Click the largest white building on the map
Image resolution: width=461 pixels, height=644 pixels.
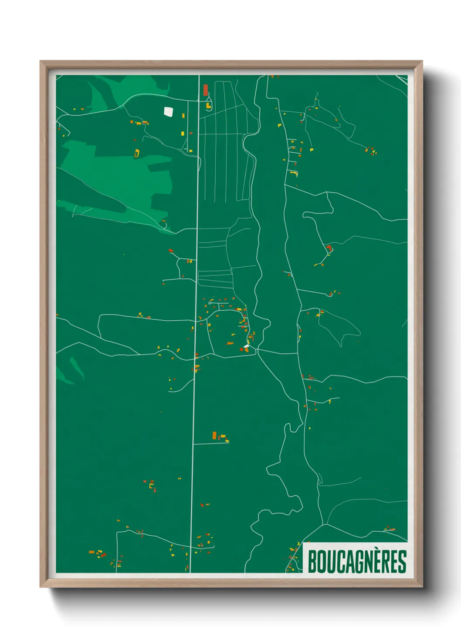coord(168,112)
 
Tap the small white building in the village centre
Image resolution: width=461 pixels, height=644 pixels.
coord(246,347)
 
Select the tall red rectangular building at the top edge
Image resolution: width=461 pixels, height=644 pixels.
coord(206,90)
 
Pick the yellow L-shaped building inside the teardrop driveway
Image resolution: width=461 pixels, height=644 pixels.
coord(208,105)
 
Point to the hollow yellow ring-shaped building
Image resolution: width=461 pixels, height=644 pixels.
coord(137,153)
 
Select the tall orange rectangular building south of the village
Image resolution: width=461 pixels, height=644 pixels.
coord(214,435)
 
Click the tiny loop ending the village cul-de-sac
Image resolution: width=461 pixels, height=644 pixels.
coord(210,302)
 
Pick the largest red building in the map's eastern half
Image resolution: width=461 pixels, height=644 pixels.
coord(329,248)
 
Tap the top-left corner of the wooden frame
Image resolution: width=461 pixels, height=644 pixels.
coord(41,61)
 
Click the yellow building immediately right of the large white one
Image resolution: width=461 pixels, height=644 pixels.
coord(183,116)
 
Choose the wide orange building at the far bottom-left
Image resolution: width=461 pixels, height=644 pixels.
coord(92,552)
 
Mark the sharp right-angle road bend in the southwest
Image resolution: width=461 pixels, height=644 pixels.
coord(117,533)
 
